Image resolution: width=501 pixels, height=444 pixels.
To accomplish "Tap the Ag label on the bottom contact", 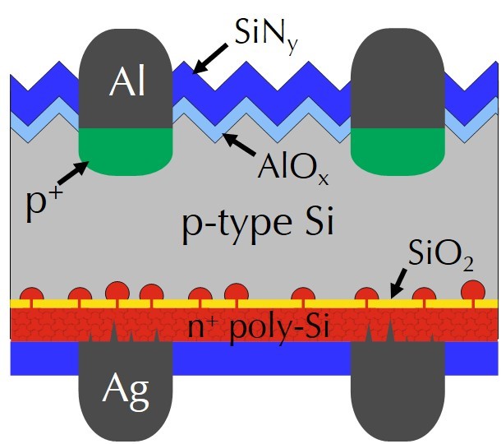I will (x=125, y=393).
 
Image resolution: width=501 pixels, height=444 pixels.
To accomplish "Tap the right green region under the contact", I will (x=398, y=148).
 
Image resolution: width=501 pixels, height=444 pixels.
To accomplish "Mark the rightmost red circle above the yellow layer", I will (x=473, y=289).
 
